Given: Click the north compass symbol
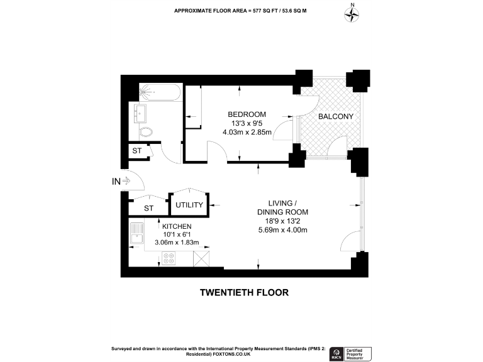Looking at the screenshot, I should point(352,14).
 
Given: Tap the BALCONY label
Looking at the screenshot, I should point(335,117).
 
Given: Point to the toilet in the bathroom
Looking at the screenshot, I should point(146,132).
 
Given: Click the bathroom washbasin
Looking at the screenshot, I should point(140,113).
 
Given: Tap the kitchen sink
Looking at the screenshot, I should point(137,234).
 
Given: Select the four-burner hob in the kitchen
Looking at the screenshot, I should point(169,258).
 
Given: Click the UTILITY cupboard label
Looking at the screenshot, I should point(189,206).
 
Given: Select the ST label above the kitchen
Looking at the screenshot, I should point(148,208).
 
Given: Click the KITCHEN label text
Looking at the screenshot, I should point(177,226).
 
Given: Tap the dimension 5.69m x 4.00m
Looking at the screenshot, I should point(282,230).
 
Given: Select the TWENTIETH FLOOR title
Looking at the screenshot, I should point(244,292).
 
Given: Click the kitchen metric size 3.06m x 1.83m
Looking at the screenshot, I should point(177,242).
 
